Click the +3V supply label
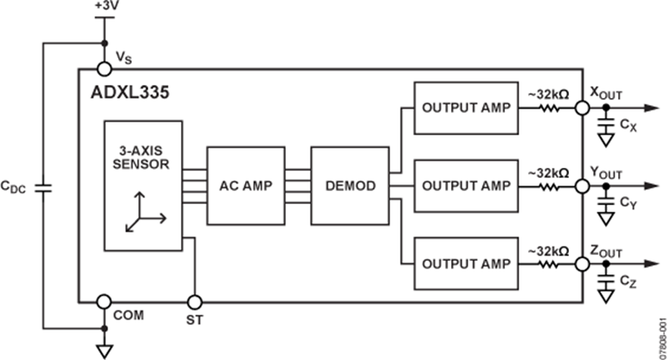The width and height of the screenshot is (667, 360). pos(104,6)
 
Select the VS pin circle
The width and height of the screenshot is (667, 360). pos(104,69)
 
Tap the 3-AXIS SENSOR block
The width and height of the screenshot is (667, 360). pos(143,185)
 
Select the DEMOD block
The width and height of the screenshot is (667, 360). pos(349,186)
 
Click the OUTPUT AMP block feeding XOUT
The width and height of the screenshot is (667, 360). pos(466,108)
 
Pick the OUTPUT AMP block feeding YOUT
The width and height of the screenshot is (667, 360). pos(466,186)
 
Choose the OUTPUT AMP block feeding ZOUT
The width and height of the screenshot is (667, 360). pos(466,263)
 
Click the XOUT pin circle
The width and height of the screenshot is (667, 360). pos(582,108)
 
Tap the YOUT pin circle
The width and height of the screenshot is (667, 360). pos(582,186)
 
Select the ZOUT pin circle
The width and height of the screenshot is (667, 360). pos(582,264)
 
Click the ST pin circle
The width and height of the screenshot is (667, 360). pos(194,302)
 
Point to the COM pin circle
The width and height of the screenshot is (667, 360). pos(104,302)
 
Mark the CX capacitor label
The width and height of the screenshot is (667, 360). pos(628,126)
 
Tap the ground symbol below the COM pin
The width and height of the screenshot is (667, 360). pos(104,351)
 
